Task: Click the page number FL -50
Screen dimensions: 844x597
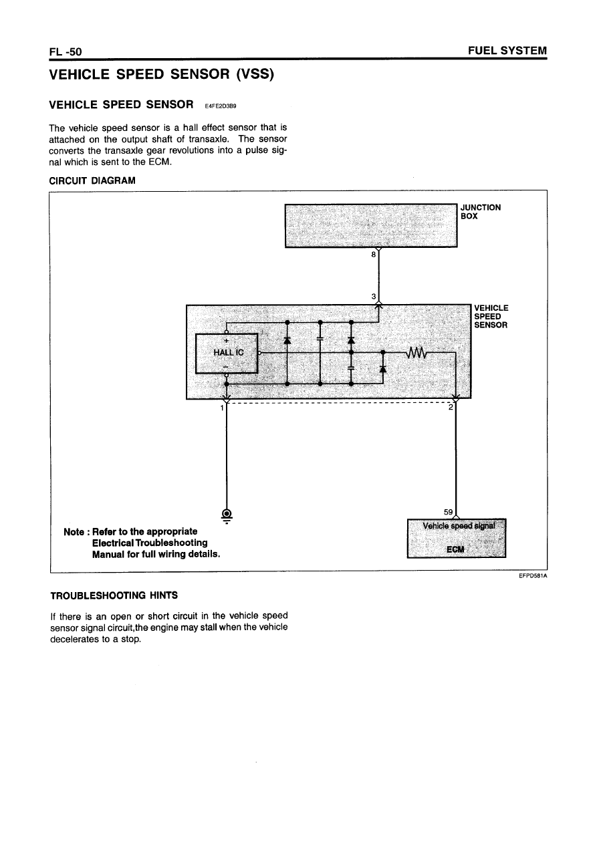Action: click(x=65, y=51)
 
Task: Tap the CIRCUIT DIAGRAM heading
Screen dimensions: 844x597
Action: click(x=92, y=180)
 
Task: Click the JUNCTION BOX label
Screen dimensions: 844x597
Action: click(x=480, y=211)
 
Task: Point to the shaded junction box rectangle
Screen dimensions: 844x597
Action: click(x=371, y=225)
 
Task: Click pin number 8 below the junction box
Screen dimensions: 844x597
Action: click(x=374, y=254)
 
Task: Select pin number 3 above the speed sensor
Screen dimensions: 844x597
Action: click(x=374, y=296)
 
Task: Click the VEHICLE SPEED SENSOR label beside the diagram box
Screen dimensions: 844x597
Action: click(x=491, y=316)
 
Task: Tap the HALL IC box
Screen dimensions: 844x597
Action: click(x=226, y=353)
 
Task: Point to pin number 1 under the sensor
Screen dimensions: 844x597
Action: click(x=221, y=408)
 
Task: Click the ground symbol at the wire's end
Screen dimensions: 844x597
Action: click(x=227, y=515)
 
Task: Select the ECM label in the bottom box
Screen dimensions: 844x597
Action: click(x=456, y=549)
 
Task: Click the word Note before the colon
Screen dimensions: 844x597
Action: click(x=74, y=531)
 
